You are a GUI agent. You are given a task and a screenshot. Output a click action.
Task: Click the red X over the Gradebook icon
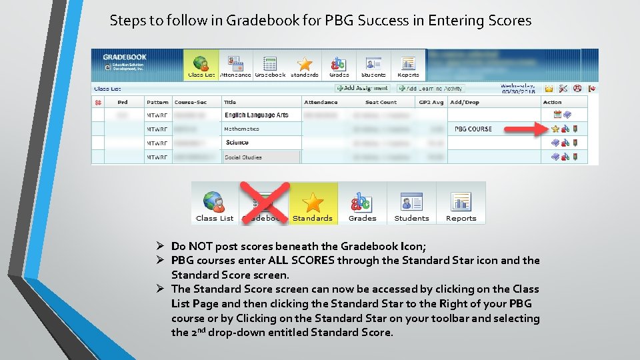click(x=264, y=203)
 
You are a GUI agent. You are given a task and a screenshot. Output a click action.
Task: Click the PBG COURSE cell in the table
click(x=473, y=129)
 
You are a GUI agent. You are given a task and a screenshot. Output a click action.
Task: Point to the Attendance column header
click(x=321, y=102)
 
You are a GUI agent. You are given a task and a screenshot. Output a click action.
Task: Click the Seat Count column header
click(x=381, y=102)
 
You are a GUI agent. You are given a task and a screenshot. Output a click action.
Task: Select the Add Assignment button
click(x=362, y=88)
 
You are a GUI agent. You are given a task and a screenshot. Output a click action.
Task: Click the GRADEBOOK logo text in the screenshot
click(x=125, y=57)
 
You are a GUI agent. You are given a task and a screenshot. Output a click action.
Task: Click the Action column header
click(x=553, y=102)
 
